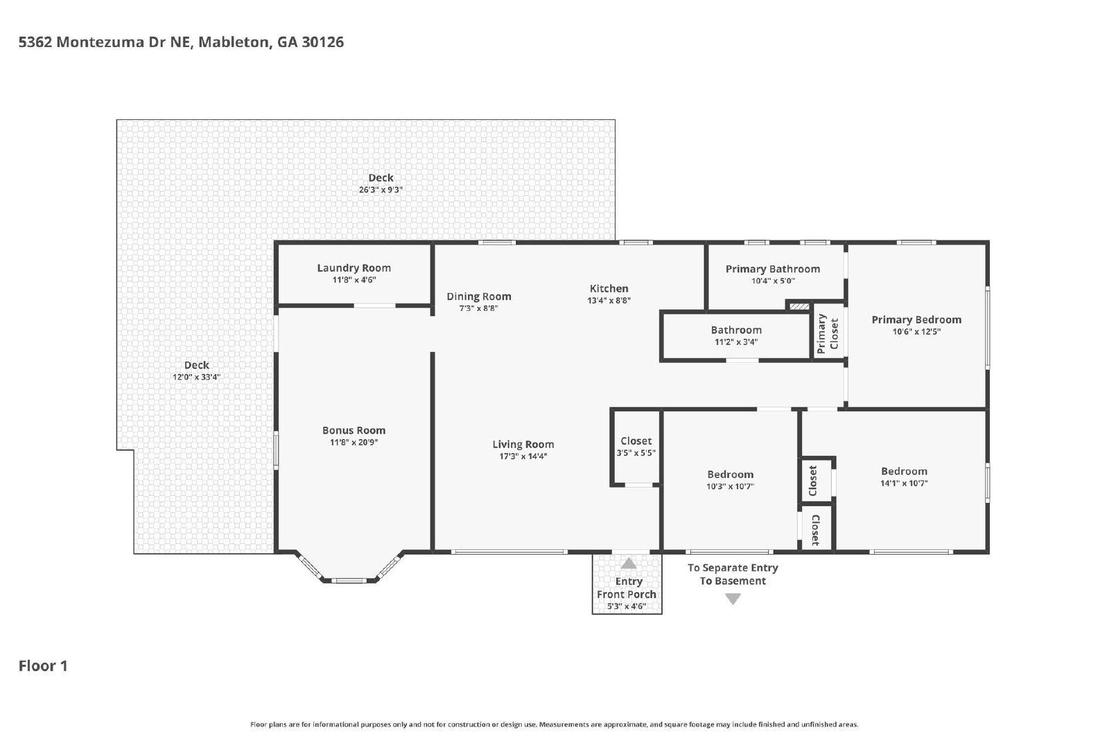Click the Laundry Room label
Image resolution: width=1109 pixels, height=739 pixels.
353,268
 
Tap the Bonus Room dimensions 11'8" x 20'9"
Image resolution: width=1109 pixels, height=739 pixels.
353,442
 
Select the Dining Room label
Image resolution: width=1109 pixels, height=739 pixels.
478,296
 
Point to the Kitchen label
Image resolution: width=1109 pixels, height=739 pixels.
609,288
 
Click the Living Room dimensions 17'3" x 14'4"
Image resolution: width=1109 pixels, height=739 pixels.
523,456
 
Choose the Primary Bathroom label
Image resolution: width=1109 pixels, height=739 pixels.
772,269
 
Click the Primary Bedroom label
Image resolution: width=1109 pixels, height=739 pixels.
916,320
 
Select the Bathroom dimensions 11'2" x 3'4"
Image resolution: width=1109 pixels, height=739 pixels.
735,342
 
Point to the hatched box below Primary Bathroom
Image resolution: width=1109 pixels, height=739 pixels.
798,307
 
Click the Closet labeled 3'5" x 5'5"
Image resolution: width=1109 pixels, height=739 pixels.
636,440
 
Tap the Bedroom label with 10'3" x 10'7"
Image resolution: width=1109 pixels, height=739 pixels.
730,475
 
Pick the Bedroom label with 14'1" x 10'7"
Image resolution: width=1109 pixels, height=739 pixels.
904,472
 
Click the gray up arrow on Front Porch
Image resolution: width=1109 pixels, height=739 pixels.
628,563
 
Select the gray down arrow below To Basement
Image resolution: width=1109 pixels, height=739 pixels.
733,599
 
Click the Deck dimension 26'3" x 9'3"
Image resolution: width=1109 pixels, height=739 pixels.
381,190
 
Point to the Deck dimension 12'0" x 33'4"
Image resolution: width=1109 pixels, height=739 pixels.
196,377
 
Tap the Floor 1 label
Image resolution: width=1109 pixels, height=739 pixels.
42,666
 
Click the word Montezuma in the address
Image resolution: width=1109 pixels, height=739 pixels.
101,42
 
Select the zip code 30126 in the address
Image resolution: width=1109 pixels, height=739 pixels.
322,42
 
